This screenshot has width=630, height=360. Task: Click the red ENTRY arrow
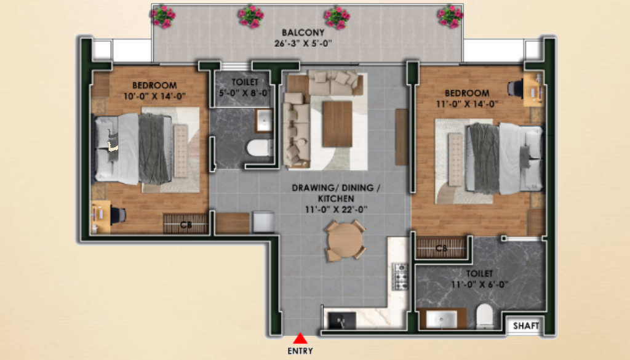(300, 338)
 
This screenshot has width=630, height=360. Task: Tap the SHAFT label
(526, 326)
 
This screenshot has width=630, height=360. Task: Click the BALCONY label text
(303, 33)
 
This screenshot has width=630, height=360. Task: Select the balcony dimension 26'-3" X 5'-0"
(303, 44)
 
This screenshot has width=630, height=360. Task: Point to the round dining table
(345, 241)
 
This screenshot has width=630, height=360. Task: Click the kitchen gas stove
(400, 276)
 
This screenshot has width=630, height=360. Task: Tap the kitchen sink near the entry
(342, 321)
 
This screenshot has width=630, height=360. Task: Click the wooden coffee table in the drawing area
(338, 124)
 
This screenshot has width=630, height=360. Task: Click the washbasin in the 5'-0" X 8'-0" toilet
(264, 120)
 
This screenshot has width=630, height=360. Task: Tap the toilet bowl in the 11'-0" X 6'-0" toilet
(485, 316)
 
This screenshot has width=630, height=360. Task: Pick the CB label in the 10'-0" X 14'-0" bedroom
(186, 225)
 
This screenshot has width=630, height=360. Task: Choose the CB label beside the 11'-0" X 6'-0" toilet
(442, 249)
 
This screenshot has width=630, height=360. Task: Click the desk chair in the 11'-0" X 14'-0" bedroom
(516, 89)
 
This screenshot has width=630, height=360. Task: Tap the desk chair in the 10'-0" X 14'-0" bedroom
(118, 215)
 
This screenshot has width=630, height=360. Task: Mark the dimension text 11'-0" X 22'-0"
(336, 209)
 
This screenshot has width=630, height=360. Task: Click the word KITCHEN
(336, 199)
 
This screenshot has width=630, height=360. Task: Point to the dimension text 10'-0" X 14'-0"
(154, 96)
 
